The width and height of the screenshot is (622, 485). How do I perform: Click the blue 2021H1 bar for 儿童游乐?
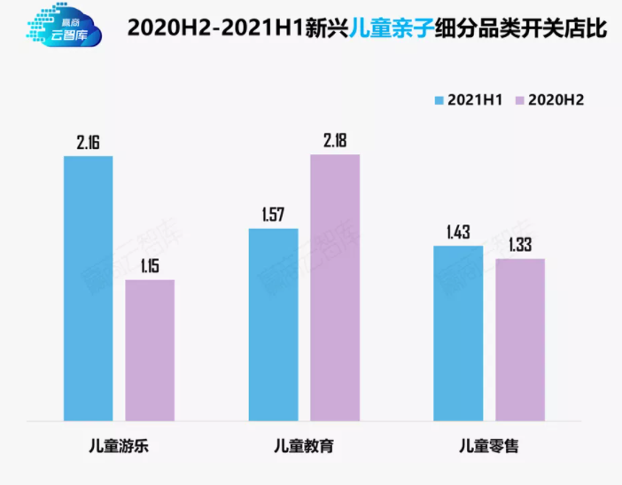(89, 288)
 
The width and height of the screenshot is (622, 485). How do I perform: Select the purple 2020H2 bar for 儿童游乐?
(150, 350)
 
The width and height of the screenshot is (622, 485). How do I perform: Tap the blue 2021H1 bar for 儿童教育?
(274, 325)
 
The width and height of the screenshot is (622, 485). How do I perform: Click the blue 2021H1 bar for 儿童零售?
(458, 332)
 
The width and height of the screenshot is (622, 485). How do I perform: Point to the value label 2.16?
(89, 141)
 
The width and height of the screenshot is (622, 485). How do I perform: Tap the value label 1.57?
(274, 214)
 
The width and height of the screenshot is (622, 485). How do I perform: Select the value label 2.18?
(335, 138)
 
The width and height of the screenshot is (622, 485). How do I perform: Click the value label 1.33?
(520, 243)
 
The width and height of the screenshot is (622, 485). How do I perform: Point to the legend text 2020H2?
(556, 99)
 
